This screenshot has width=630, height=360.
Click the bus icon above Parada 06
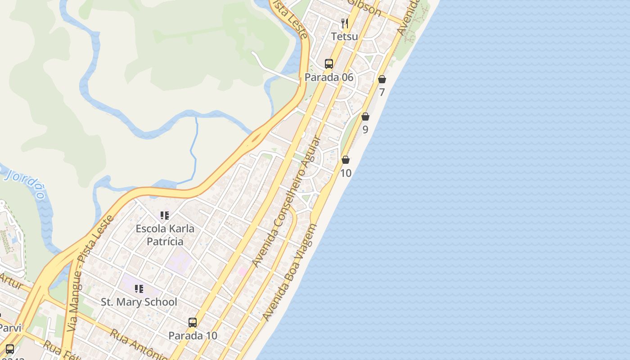coord(329,64)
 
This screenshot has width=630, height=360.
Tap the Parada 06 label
coord(329,77)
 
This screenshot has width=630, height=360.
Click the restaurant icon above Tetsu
coord(345,23)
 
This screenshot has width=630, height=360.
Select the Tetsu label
coord(345,36)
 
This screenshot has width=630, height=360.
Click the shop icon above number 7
coord(382,80)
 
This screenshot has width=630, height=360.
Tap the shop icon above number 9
coord(365,117)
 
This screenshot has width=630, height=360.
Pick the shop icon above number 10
coord(346,160)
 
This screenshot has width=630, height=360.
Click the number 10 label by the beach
coord(346,173)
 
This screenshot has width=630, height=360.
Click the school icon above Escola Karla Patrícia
coord(165,216)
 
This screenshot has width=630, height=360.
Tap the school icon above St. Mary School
coord(139,289)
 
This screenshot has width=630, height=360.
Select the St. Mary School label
coord(139,302)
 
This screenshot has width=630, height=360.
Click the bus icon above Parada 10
coord(193,323)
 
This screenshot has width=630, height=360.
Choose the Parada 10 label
coord(193,336)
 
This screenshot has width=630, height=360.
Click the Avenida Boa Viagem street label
coord(290,273)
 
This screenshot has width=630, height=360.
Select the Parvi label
coord(10,328)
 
